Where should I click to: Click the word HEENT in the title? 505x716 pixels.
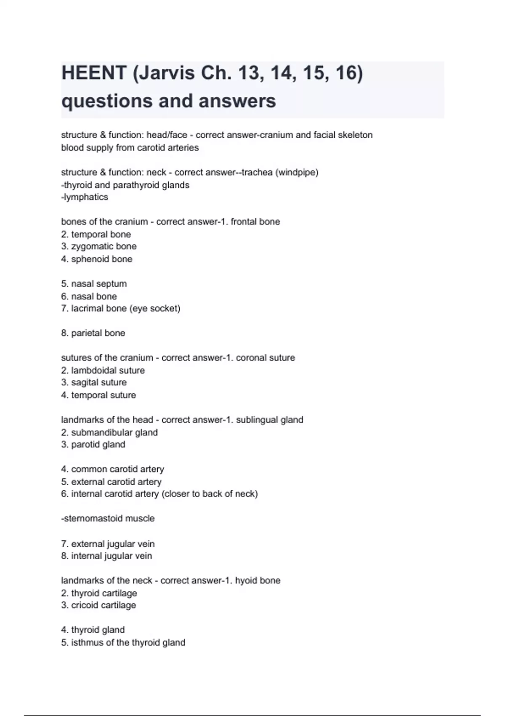pyautogui.click(x=94, y=73)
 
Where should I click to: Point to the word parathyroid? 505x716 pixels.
pyautogui.click(x=138, y=185)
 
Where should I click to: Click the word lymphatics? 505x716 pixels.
pyautogui.click(x=86, y=197)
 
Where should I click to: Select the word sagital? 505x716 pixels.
pyautogui.click(x=84, y=382)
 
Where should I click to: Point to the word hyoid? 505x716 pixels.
pyautogui.click(x=246, y=580)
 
